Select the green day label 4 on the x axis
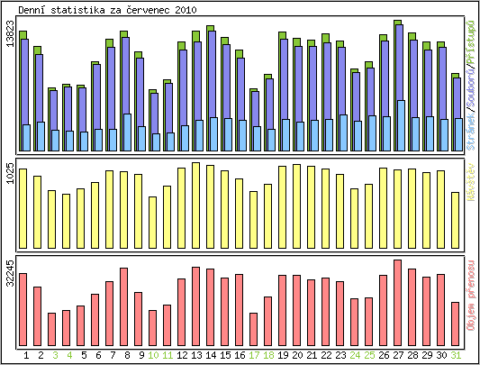click(68, 355)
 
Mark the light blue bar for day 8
click(127, 132)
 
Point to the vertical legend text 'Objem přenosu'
click(471, 293)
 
